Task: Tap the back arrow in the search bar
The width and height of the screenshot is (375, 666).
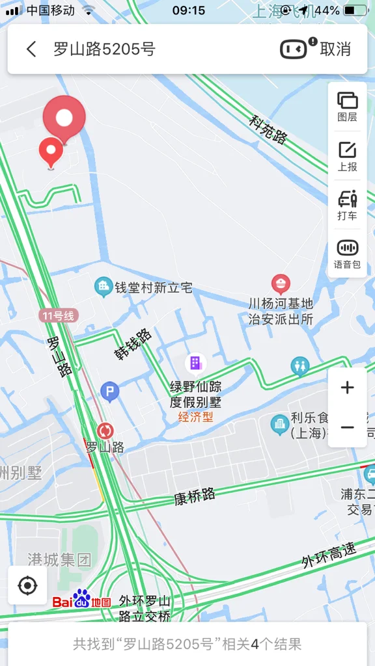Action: coord(31,49)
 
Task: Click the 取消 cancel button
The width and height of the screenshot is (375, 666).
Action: coord(335,49)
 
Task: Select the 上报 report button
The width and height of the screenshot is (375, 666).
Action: coord(348,157)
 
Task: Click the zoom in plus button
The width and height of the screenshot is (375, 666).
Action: coord(348,388)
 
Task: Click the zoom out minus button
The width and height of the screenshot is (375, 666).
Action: coord(348,427)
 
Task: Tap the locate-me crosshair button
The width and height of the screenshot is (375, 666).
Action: coord(28,585)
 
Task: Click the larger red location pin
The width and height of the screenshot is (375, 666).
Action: coord(64,117)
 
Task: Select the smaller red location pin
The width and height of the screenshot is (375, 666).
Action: coord(51,151)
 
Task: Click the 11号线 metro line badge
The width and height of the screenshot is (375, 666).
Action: coord(59,316)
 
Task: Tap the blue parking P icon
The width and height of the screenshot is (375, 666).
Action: coord(109,392)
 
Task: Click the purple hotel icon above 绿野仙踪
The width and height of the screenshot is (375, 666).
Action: coord(195,363)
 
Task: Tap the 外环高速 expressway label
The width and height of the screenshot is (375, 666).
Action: coord(329,556)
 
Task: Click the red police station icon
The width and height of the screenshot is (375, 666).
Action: coord(281,284)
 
